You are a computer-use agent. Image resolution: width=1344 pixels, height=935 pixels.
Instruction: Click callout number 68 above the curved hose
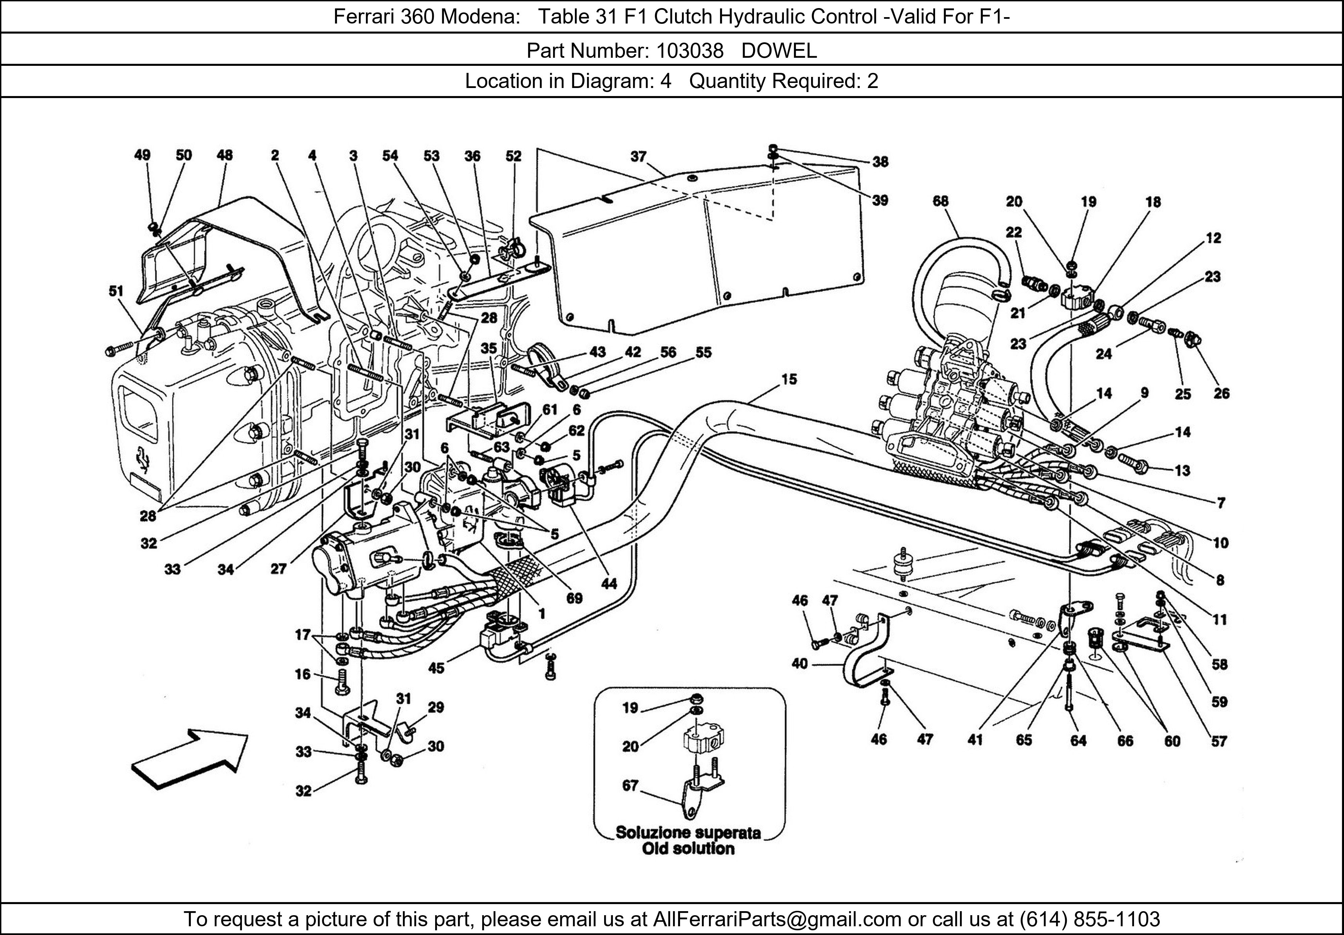click(941, 201)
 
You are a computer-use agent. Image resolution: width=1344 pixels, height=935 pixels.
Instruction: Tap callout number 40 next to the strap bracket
click(800, 664)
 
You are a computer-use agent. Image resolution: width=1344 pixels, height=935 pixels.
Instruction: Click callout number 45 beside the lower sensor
click(436, 668)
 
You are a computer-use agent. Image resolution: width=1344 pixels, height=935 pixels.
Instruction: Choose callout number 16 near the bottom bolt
click(303, 674)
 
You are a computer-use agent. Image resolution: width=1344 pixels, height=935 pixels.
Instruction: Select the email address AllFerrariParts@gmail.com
click(777, 919)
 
